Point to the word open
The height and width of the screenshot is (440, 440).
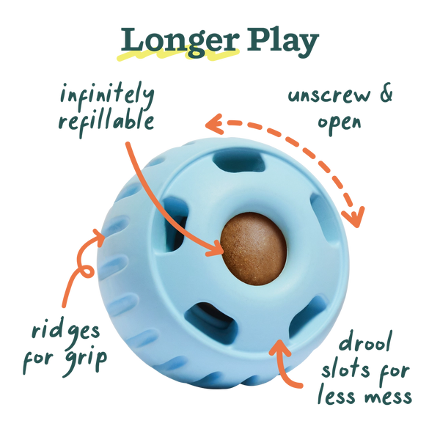click(x=339, y=122)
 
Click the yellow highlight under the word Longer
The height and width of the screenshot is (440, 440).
click(x=176, y=56)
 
